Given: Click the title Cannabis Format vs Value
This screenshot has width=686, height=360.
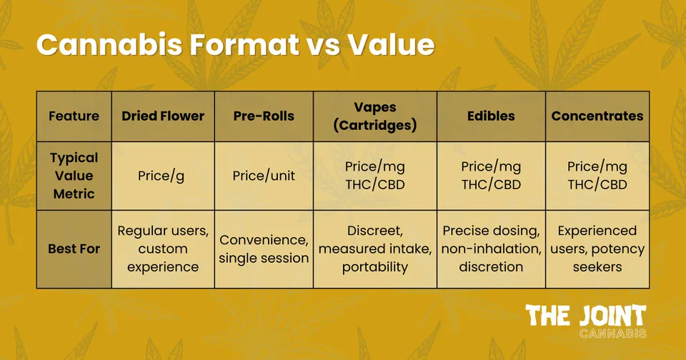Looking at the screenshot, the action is [235, 45].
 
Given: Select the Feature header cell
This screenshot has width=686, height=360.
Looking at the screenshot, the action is [74, 116].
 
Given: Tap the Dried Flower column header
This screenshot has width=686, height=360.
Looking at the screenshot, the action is [163, 116].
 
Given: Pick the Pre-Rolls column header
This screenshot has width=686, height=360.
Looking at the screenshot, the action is [264, 116].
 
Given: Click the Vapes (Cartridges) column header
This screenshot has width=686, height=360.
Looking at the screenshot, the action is [375, 116].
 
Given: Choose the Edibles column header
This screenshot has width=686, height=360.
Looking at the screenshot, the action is [491, 116].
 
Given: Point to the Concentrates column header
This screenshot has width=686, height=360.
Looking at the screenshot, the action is [597, 116].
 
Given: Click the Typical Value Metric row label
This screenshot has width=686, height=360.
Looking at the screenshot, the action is [74, 176].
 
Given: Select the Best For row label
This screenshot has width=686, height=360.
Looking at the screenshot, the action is [74, 249].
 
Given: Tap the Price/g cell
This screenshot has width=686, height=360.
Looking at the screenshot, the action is [163, 176].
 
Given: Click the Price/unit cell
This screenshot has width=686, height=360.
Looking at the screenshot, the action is [264, 176].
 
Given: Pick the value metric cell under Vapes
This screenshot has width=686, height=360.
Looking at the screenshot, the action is [375, 176].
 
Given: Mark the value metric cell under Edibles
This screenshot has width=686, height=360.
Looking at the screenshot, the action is [491, 176].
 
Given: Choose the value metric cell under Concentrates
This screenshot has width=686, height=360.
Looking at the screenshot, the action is [597, 176].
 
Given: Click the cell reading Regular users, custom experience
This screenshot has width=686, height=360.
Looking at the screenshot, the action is [163, 249].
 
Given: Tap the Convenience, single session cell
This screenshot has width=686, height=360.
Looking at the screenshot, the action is [264, 249].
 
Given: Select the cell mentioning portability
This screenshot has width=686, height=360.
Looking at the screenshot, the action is [375, 249].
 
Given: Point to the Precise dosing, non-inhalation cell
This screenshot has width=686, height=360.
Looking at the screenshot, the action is [491, 249].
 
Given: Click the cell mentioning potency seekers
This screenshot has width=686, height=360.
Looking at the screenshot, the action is [597, 249].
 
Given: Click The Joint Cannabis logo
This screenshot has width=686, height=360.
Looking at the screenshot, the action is [586, 321].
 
